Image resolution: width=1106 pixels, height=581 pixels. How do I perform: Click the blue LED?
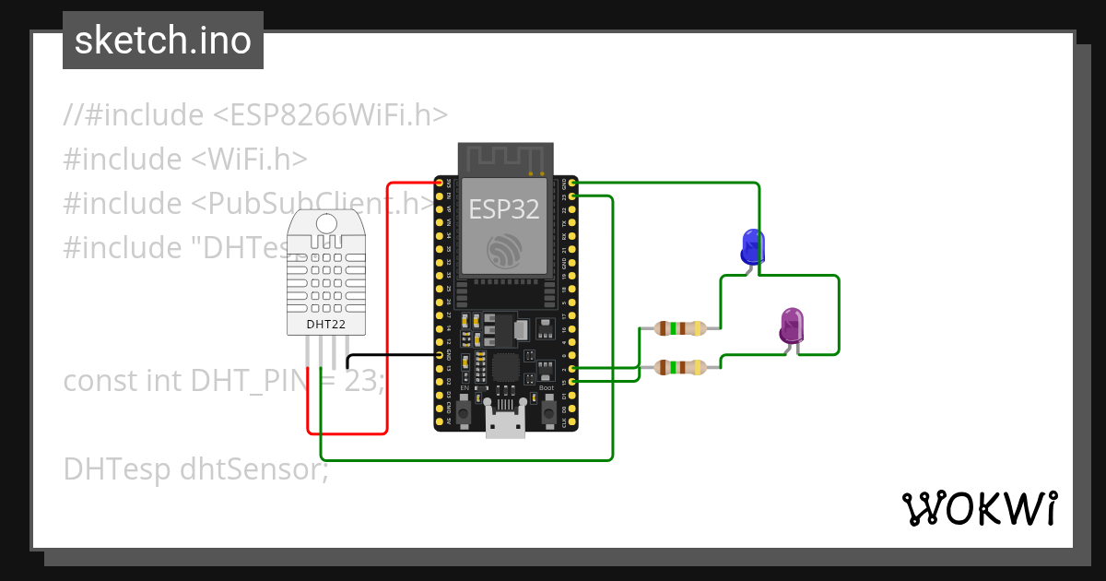pyautogui.click(x=753, y=246)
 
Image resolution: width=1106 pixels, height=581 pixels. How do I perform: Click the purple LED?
pyautogui.click(x=792, y=326)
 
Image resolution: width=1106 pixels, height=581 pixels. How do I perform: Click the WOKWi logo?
pyautogui.click(x=979, y=509)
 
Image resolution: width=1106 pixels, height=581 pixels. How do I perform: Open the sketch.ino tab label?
pyautogui.click(x=163, y=41)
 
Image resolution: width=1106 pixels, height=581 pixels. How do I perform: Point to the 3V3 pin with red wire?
pyautogui.click(x=440, y=184)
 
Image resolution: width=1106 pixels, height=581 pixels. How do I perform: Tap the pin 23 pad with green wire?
pyautogui.click(x=573, y=196)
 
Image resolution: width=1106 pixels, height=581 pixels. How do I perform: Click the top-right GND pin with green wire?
pyautogui.click(x=573, y=184)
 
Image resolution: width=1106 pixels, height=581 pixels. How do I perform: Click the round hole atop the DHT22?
pyautogui.click(x=325, y=221)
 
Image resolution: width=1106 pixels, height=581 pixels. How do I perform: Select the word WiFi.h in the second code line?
pyautogui.click(x=262, y=159)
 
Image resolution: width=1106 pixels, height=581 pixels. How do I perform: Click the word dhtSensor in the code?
pyautogui.click(x=253, y=468)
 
